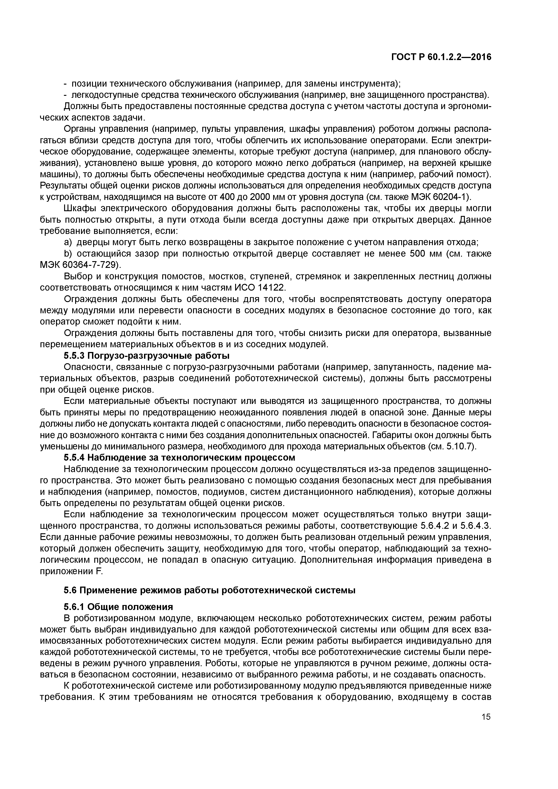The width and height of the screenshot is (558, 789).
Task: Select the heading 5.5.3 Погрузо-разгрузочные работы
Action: click(x=147, y=355)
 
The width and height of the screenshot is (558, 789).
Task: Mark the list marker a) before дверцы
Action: click(x=68, y=242)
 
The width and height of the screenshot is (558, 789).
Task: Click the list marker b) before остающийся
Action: click(x=68, y=254)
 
